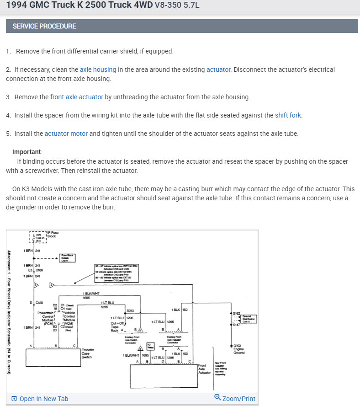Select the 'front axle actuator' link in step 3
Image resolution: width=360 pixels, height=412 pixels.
(x=77, y=97)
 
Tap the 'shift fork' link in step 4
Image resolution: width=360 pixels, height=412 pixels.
(x=288, y=115)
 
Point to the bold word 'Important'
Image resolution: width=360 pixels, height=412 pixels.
(x=27, y=152)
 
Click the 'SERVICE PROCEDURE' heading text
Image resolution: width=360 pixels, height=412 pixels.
(x=44, y=26)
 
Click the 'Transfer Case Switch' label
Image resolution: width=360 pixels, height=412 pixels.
(x=88, y=353)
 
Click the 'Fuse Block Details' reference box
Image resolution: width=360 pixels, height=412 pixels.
(x=68, y=258)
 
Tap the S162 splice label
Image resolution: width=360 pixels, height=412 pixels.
(x=237, y=313)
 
